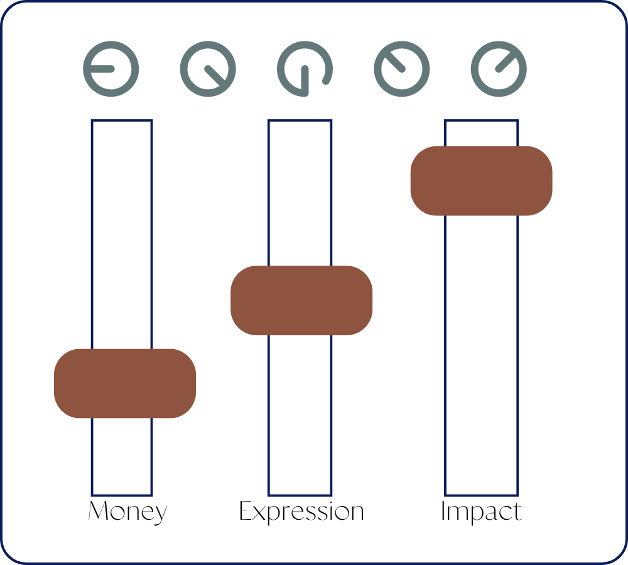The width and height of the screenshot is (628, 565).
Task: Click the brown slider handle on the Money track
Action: pyautogui.click(x=125, y=383)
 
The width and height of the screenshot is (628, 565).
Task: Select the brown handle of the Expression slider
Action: pyautogui.click(x=301, y=300)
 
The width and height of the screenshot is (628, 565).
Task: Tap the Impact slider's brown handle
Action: pyautogui.click(x=481, y=181)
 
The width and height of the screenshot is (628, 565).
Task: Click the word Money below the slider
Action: pyautogui.click(x=127, y=512)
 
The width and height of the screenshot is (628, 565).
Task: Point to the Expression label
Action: pyautogui.click(x=301, y=512)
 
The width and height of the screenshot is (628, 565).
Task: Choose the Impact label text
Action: pyautogui.click(x=481, y=512)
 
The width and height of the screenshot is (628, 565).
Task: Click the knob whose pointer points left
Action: pyautogui.click(x=111, y=68)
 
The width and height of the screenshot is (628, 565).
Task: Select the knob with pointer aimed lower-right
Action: pyautogui.click(x=208, y=68)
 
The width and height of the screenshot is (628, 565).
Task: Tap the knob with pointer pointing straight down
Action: pyautogui.click(x=305, y=68)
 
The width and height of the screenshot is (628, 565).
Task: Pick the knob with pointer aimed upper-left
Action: pyautogui.click(x=402, y=68)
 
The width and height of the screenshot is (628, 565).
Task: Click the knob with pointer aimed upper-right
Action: pyautogui.click(x=499, y=68)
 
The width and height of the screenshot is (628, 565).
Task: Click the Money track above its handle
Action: pyautogui.click(x=122, y=232)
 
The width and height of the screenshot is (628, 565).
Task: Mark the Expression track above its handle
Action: pyautogui.click(x=300, y=191)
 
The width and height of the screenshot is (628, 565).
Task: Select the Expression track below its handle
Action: pyautogui.click(x=300, y=414)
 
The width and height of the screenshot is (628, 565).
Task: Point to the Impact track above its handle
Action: pyautogui.click(x=482, y=133)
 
